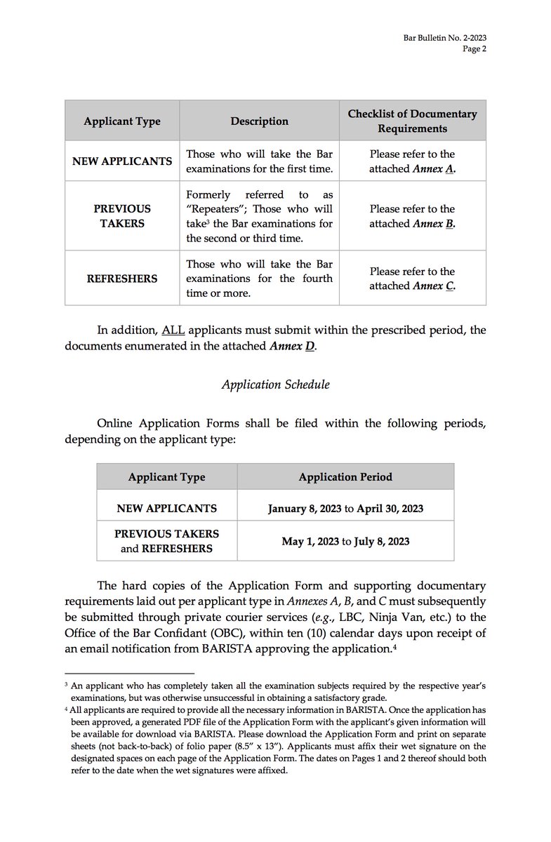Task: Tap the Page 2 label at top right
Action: click(474, 48)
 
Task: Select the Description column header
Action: click(259, 121)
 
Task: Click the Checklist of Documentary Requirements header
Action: click(412, 121)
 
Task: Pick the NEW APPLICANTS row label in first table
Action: click(121, 161)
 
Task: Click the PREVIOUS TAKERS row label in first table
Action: click(121, 216)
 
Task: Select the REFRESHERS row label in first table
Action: click(121, 279)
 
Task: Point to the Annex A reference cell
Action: click(412, 161)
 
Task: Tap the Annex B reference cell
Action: click(412, 216)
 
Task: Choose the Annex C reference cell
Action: click(412, 279)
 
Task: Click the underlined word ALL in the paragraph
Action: click(173, 330)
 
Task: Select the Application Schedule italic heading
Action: click(275, 385)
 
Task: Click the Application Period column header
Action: click(345, 476)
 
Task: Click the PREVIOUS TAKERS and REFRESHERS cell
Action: click(166, 541)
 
